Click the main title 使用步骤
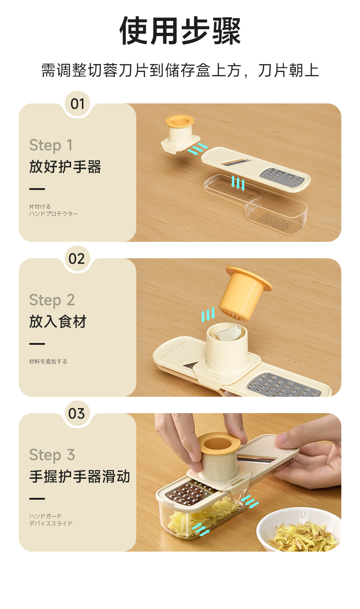click(x=180, y=31)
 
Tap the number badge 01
click(x=77, y=104)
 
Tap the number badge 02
click(x=77, y=259)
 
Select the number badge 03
click(x=77, y=414)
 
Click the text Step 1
click(x=51, y=145)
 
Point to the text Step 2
click(x=52, y=300)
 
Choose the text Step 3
click(x=52, y=455)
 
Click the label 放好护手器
click(x=65, y=167)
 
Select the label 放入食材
click(x=58, y=322)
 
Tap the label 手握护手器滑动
click(x=80, y=476)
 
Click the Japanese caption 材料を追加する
click(x=48, y=361)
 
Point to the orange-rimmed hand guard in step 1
click(x=180, y=134)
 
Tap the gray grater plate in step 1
click(x=282, y=178)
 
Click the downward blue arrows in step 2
click(x=208, y=315)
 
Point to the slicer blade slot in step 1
click(x=236, y=162)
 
